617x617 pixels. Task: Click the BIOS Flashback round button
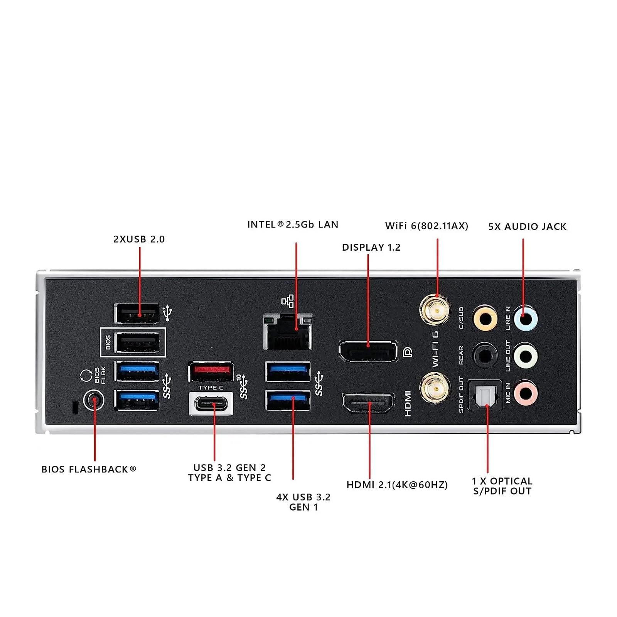(94, 401)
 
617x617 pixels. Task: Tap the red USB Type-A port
(211, 372)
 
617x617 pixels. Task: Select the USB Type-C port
(211, 404)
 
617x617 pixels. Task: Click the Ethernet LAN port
(288, 332)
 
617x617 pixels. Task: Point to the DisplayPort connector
(368, 351)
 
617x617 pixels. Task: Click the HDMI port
(368, 403)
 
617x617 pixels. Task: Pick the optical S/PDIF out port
(485, 395)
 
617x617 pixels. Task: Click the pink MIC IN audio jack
(525, 393)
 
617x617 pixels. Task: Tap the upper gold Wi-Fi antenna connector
(435, 310)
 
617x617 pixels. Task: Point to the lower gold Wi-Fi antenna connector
(435, 388)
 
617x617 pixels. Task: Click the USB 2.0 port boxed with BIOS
(138, 342)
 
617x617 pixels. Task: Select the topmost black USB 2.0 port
(137, 313)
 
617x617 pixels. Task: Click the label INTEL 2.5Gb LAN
(293, 224)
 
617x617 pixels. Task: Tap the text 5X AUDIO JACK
(527, 226)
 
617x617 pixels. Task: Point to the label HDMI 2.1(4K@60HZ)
(397, 485)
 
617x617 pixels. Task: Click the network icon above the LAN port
(288, 301)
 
